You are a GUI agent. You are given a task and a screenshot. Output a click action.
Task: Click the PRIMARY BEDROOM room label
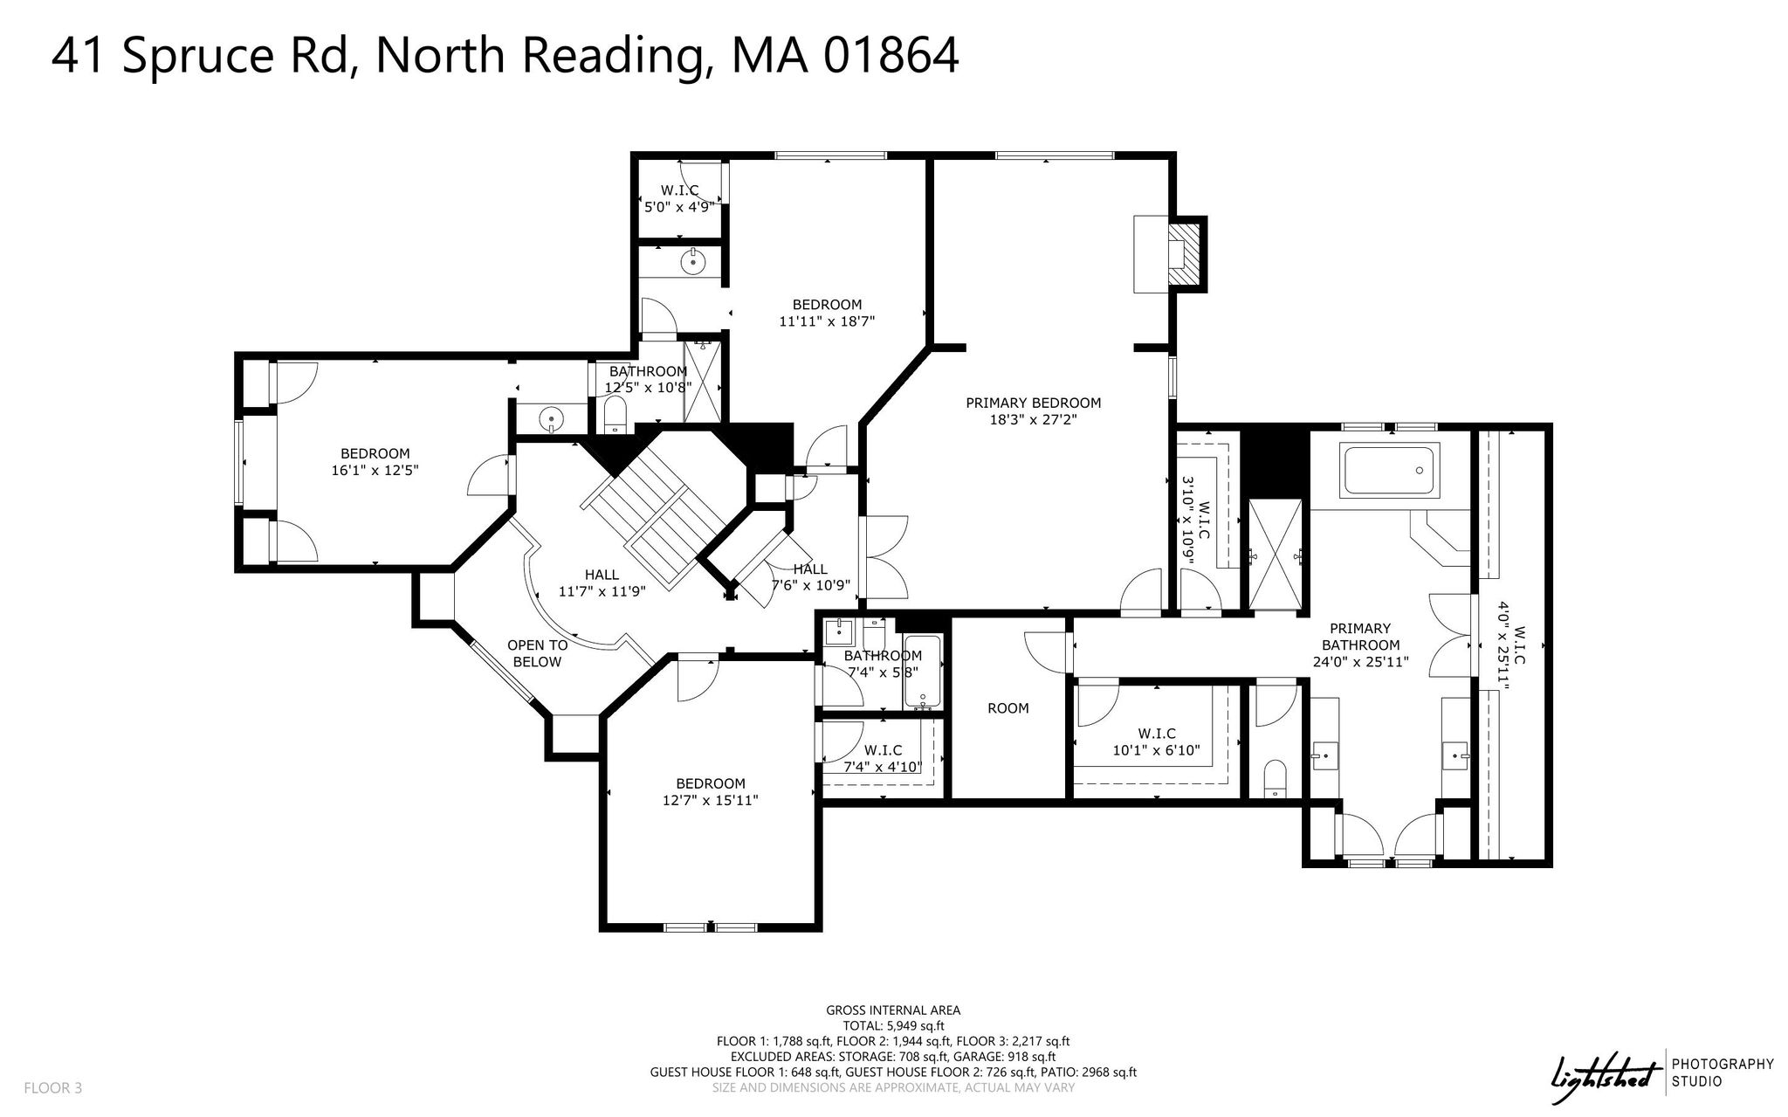point(1033,403)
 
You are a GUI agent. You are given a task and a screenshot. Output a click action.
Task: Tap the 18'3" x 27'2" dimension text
point(1034,419)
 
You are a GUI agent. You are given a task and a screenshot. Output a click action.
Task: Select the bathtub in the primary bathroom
point(1389,472)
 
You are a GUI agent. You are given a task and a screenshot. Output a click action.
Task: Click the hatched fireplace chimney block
point(1186,253)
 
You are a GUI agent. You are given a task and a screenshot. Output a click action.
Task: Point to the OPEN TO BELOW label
point(538,653)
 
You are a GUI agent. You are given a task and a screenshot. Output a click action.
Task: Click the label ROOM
point(1008,708)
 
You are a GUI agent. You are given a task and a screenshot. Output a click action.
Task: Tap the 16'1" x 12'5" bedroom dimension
point(375,470)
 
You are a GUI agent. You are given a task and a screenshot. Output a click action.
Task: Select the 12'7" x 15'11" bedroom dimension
point(711,800)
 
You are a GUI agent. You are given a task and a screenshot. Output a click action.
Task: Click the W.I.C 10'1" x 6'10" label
point(1157,741)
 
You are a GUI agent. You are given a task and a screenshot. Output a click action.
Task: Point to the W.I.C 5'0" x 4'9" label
point(679,198)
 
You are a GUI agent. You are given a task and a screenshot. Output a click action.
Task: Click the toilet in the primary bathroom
point(1276,778)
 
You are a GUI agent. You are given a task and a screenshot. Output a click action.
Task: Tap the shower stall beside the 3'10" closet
point(1276,555)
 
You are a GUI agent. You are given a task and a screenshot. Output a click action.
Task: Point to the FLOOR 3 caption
point(52,1088)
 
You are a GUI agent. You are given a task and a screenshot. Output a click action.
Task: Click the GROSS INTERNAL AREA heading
point(893,1010)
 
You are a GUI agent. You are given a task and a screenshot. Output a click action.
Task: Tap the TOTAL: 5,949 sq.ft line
point(893,1026)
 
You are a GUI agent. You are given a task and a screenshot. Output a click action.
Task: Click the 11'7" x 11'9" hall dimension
point(602,591)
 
